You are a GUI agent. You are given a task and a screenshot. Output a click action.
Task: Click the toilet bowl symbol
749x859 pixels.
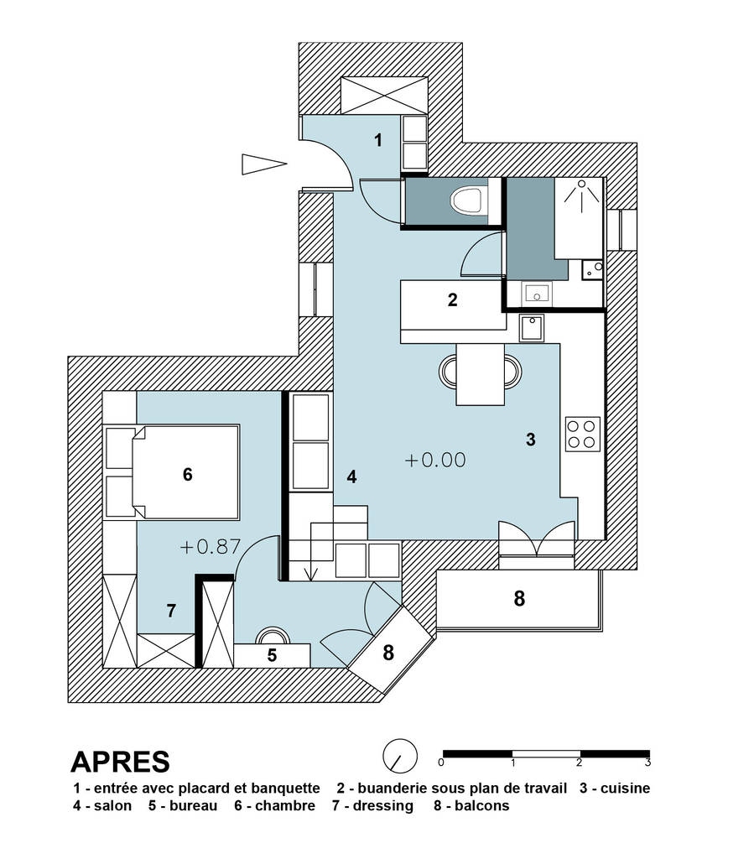coord(466,201)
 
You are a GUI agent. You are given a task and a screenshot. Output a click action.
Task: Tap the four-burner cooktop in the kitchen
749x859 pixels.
coord(582,434)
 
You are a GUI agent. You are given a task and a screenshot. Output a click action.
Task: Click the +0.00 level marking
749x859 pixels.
coord(434,460)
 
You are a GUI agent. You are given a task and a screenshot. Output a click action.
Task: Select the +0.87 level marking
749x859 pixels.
coord(210,547)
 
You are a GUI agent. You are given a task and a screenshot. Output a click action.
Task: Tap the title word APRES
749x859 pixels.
coord(120,761)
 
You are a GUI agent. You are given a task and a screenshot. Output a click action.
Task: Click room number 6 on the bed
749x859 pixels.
coord(187,475)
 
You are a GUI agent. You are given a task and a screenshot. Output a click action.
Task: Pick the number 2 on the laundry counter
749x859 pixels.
coord(452,300)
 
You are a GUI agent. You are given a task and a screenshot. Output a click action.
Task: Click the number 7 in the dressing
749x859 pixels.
coord(171,611)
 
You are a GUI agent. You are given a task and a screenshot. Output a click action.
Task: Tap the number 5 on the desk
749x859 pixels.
coord(272,655)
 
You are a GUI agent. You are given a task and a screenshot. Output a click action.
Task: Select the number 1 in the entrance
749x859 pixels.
coord(378,140)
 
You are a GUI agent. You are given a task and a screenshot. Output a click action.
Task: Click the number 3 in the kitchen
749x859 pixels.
coord(530,440)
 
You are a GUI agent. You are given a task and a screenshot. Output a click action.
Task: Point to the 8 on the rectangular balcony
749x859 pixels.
coord(519,598)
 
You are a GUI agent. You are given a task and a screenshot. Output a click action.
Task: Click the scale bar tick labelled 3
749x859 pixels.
coord(648,763)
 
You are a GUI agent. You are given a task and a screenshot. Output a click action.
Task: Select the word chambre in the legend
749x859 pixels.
coord(286,806)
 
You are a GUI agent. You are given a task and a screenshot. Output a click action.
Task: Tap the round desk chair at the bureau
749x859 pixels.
coord(272,636)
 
